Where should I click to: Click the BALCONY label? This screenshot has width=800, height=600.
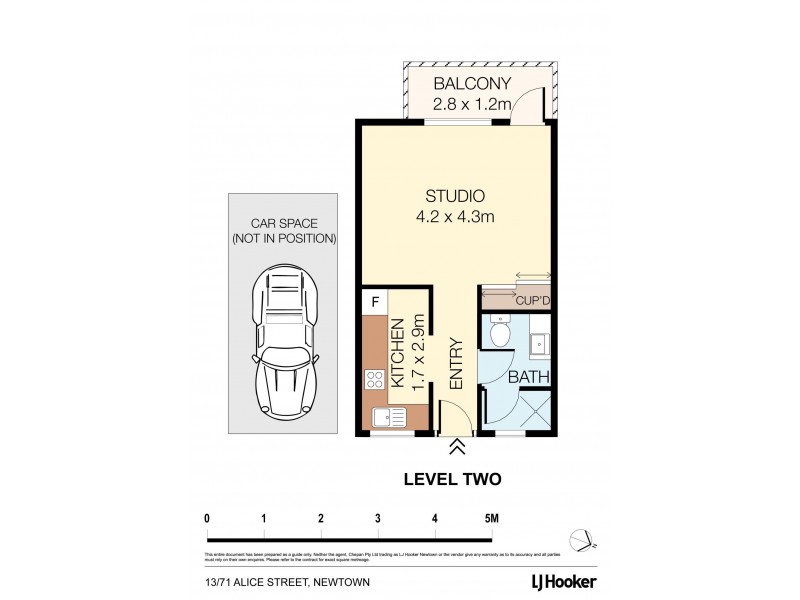pyautogui.click(x=472, y=83)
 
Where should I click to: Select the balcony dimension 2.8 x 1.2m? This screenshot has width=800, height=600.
pyautogui.click(x=472, y=102)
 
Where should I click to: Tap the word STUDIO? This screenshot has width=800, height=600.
pyautogui.click(x=455, y=196)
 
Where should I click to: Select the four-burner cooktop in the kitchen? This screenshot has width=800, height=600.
pyautogui.click(x=376, y=379)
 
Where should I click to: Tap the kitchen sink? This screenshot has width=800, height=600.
pyautogui.click(x=382, y=418)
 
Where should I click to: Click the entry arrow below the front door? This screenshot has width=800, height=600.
pyautogui.click(x=456, y=446)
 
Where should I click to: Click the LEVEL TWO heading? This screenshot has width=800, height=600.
pyautogui.click(x=451, y=479)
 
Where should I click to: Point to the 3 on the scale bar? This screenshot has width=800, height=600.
pyautogui.click(x=378, y=518)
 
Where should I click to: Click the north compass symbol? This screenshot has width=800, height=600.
pyautogui.click(x=583, y=539)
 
